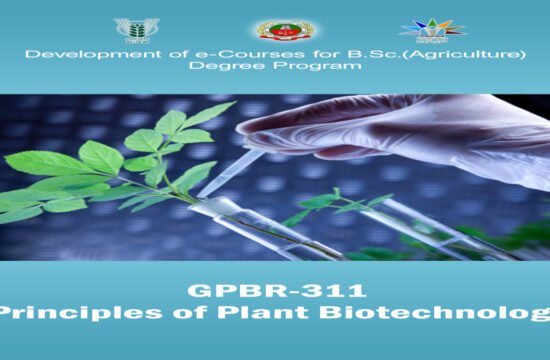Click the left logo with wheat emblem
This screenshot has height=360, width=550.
[x=129, y=29]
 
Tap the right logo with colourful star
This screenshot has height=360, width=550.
[x=432, y=29]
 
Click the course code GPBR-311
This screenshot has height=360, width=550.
[x=274, y=291]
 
